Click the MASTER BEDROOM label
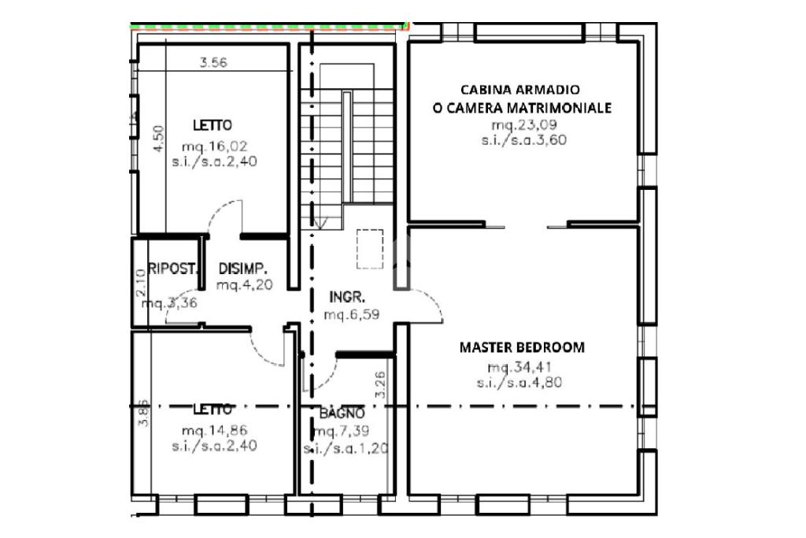click(522, 347)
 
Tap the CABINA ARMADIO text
click(522, 90)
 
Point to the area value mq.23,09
click(523, 125)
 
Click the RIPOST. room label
click(172, 269)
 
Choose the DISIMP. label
click(245, 267)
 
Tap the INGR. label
click(346, 298)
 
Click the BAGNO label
click(342, 414)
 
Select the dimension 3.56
click(213, 64)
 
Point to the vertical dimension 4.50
click(158, 139)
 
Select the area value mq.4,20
click(245, 284)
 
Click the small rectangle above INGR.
click(368, 248)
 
